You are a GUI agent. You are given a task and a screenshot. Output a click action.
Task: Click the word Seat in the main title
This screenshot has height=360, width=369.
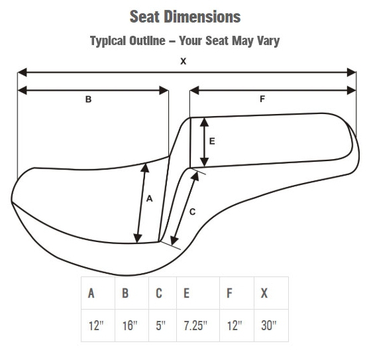143,17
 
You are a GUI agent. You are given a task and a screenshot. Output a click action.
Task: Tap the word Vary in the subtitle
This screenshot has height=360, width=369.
268,41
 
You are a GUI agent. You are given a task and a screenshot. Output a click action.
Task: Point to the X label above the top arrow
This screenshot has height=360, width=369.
183,61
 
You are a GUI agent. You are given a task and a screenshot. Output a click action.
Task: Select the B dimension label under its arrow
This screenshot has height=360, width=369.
88,99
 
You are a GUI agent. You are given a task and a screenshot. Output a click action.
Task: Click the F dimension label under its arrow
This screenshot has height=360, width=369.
262,99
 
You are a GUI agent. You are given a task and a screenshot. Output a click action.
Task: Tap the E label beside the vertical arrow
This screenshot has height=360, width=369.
212,141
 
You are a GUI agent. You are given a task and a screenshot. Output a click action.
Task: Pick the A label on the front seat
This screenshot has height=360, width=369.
150,199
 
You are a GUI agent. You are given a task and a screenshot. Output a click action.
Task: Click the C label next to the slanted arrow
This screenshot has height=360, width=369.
192,212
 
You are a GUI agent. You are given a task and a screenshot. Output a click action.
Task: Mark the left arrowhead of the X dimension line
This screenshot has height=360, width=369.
22,72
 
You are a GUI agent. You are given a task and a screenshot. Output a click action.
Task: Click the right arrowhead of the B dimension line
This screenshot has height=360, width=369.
164,90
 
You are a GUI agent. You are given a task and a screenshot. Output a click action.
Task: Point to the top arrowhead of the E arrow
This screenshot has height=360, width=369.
204,122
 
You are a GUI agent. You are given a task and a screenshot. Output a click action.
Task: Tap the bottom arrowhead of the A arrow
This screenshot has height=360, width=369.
137,238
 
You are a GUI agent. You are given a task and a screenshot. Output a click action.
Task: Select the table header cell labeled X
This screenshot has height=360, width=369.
272,293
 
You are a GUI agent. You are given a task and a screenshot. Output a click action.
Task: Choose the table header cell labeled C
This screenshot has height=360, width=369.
162,293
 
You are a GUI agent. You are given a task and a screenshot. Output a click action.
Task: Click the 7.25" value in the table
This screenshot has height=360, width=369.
195,326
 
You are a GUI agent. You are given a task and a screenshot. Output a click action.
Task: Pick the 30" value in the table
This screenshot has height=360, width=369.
268,326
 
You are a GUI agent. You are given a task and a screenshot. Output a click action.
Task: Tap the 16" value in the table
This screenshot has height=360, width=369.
130,326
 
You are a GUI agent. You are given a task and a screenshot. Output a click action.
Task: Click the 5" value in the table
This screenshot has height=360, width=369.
161,326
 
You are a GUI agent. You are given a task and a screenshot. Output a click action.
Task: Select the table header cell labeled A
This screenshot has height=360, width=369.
98,293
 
